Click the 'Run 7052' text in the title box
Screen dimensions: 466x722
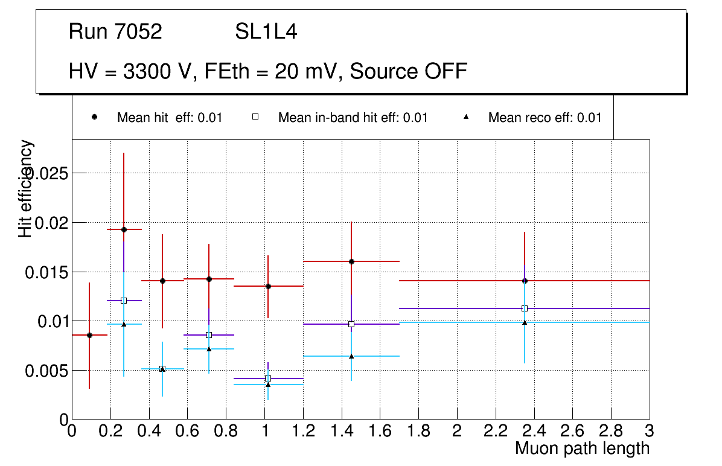coord(115,32)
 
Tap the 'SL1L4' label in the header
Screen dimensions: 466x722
coord(266,32)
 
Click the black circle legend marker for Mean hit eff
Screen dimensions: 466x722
coord(95,117)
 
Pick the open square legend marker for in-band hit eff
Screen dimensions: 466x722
coord(255,117)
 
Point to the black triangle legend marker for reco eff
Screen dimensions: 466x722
coord(465,117)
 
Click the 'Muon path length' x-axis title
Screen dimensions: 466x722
coord(582,448)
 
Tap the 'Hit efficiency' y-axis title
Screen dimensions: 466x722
coord(26,188)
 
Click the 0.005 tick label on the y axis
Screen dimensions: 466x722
coord(45,371)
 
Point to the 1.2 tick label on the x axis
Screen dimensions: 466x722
coord(303,431)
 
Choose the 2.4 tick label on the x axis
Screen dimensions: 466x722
coord(534,431)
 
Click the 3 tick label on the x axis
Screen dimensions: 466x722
coord(650,431)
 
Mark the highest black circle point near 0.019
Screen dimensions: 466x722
coord(124,229)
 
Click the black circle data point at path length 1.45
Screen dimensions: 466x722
coord(351,261)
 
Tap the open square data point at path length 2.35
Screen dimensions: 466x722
coord(525,308)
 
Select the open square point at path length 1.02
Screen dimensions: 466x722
coord(268,378)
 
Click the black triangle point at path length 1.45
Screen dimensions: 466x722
coord(351,356)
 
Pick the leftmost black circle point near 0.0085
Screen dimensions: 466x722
coord(89,335)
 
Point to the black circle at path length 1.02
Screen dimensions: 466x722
coord(268,286)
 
